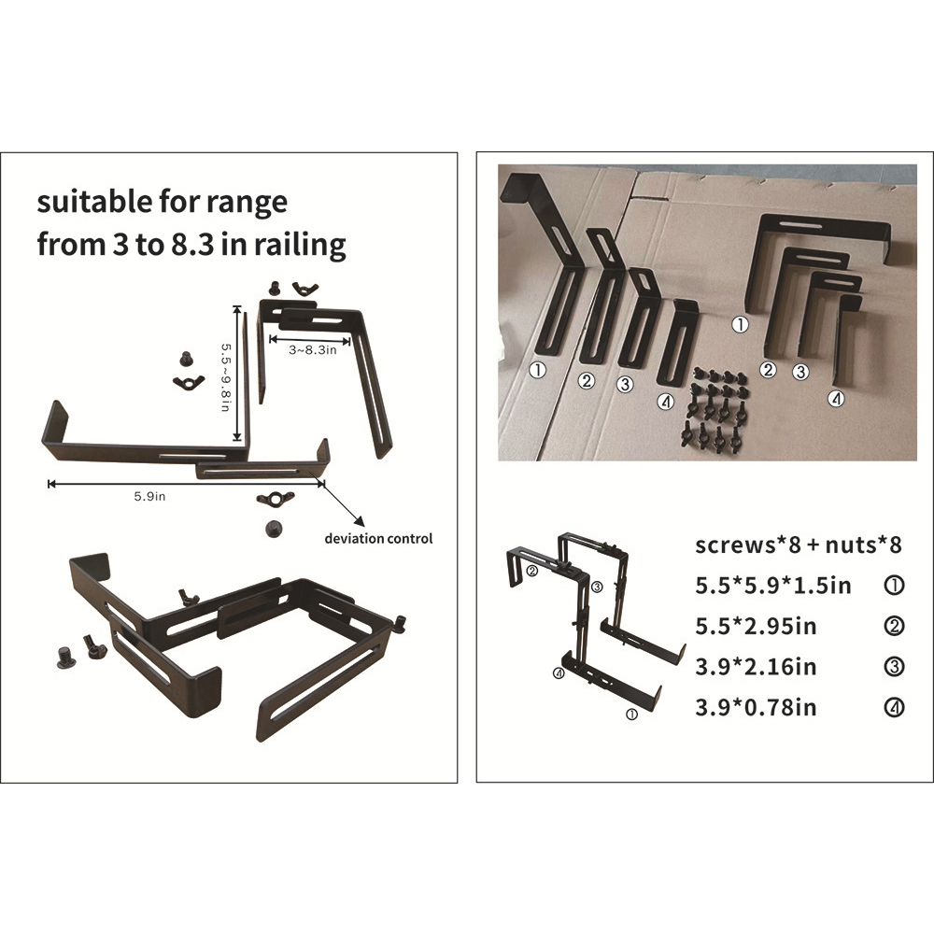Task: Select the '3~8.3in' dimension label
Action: point(313,349)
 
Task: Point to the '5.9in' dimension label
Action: point(149,496)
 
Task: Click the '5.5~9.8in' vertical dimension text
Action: point(226,376)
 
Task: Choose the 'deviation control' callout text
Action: point(378,539)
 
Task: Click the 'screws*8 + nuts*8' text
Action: point(799,545)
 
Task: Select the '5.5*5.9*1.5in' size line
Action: point(773,586)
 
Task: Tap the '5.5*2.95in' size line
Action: point(756,626)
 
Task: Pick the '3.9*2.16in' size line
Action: point(756,667)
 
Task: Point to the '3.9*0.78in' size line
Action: point(756,707)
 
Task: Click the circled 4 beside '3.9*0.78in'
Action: point(895,708)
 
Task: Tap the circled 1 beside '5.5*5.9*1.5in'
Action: point(895,586)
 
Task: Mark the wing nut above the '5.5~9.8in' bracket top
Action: point(305,289)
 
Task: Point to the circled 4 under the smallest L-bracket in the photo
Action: point(837,398)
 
